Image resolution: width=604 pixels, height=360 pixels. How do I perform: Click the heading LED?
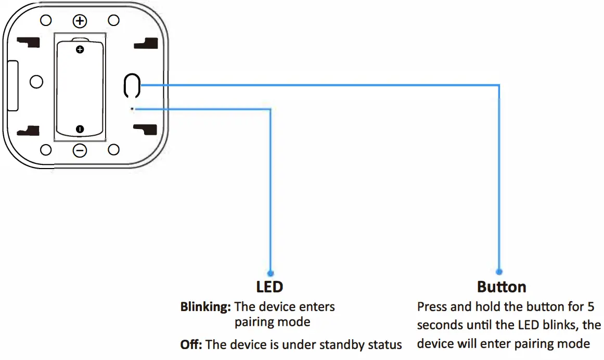pos(269,287)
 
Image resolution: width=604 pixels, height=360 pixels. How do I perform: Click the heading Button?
pos(502,287)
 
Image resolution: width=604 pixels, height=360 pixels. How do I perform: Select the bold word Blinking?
pos(205,307)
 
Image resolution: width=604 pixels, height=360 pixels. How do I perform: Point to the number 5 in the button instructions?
pos(590,306)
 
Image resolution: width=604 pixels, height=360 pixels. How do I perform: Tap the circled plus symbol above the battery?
pos(80,21)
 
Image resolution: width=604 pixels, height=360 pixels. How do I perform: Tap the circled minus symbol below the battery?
pos(80,150)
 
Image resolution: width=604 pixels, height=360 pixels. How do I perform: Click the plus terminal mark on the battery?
pos(80,50)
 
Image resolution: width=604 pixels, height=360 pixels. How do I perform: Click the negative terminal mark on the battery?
pos(80,128)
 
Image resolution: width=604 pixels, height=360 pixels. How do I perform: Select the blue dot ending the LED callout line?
pos(270,273)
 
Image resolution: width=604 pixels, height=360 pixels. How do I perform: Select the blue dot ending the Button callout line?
pos(499,272)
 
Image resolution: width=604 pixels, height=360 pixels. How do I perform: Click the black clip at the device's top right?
pos(146,44)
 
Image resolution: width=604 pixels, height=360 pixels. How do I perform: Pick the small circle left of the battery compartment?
pos(36,82)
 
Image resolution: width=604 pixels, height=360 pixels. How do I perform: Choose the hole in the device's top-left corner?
pos(46,20)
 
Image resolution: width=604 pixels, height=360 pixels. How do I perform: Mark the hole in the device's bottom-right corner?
pos(113,150)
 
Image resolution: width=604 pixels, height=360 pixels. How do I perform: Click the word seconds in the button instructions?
pos(440,325)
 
